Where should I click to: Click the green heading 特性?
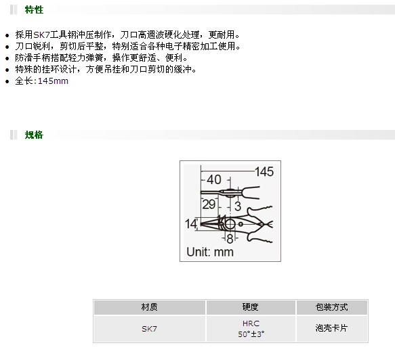[x=34, y=9]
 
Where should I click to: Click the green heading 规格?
[x=34, y=135]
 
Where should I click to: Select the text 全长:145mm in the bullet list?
[x=41, y=81]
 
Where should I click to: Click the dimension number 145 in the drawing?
[x=264, y=172]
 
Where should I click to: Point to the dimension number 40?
[x=214, y=179]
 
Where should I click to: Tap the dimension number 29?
[x=209, y=204]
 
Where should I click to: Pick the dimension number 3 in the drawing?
[x=238, y=206]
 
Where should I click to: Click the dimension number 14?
[x=191, y=224]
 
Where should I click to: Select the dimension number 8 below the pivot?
[x=230, y=239]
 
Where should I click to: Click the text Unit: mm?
[x=210, y=252]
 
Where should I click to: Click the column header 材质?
[x=149, y=307]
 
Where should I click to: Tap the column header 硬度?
[x=251, y=307]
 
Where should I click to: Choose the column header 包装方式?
[x=332, y=307]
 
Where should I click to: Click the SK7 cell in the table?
[x=149, y=329]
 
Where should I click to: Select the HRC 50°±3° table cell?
[x=251, y=329]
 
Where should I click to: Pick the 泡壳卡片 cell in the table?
[x=332, y=329]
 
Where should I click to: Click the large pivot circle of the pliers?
[x=230, y=219]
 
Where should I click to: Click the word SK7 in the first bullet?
[x=41, y=35]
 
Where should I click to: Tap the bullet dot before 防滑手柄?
[x=7, y=58]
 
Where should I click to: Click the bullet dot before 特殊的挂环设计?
[x=7, y=70]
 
